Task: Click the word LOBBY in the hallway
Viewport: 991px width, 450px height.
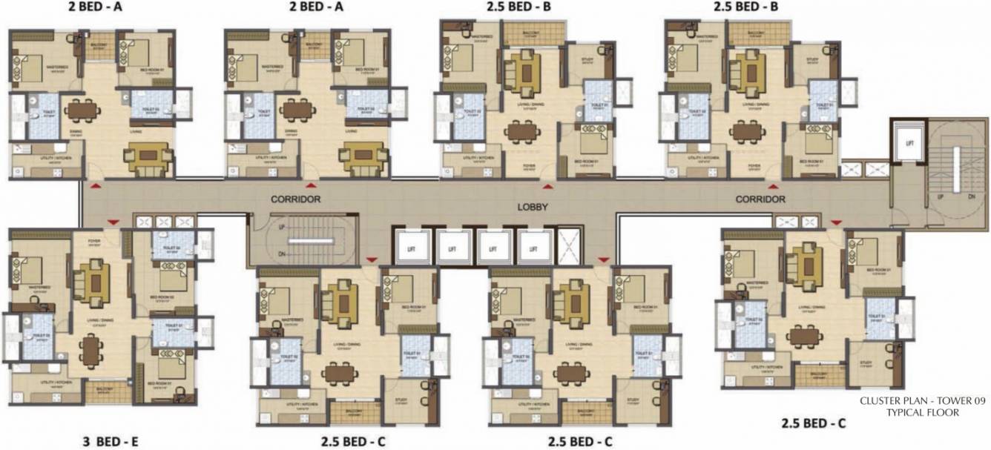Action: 533,208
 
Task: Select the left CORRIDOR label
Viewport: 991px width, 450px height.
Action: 295,199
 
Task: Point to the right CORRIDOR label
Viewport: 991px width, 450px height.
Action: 760,199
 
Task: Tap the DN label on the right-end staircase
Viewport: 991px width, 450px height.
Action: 972,198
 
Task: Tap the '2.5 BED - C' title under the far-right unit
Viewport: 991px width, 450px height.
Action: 813,424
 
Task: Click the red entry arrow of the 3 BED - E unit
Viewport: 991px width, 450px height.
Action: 112,222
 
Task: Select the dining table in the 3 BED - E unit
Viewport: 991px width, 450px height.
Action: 90,351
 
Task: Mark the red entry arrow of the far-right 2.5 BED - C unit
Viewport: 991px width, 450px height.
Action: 837,222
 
